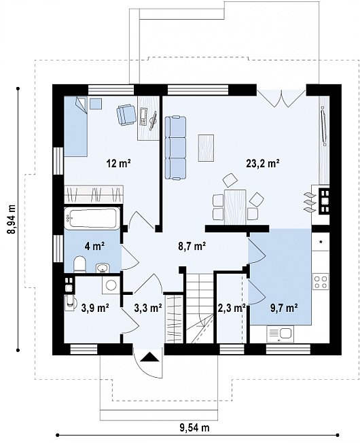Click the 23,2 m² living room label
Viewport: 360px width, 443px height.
(x=263, y=163)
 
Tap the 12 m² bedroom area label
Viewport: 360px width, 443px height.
(x=118, y=163)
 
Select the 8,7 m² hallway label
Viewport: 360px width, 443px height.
(x=192, y=246)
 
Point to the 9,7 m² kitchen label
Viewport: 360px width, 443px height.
(x=284, y=308)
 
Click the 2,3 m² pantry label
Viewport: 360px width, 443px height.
(x=231, y=308)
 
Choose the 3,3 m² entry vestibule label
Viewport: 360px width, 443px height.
(x=147, y=308)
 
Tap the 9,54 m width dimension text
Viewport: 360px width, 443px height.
(x=195, y=427)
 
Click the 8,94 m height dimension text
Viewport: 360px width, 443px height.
(x=12, y=219)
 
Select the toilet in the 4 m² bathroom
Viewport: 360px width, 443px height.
(x=79, y=264)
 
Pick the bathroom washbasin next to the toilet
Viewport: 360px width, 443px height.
(x=103, y=268)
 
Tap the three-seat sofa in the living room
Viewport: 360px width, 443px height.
(x=175, y=147)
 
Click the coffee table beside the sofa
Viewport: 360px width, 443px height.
(x=206, y=147)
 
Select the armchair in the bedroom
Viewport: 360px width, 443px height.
(x=126, y=114)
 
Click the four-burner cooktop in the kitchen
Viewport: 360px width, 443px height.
(x=321, y=281)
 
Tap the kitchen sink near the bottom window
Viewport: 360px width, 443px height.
(x=280, y=334)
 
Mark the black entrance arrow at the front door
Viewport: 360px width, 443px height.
(x=149, y=357)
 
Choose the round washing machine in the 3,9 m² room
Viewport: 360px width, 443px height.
(x=111, y=285)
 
